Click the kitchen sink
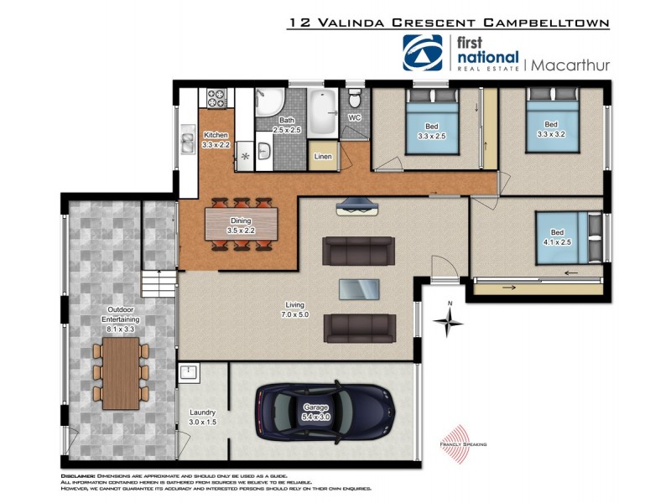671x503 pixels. (187, 142)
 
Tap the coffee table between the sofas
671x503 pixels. (358, 288)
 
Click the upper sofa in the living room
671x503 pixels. (359, 249)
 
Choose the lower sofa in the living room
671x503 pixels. (359, 328)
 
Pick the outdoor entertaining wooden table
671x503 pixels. (121, 372)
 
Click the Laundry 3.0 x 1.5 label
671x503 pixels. (202, 417)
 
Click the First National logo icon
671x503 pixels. (423, 52)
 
